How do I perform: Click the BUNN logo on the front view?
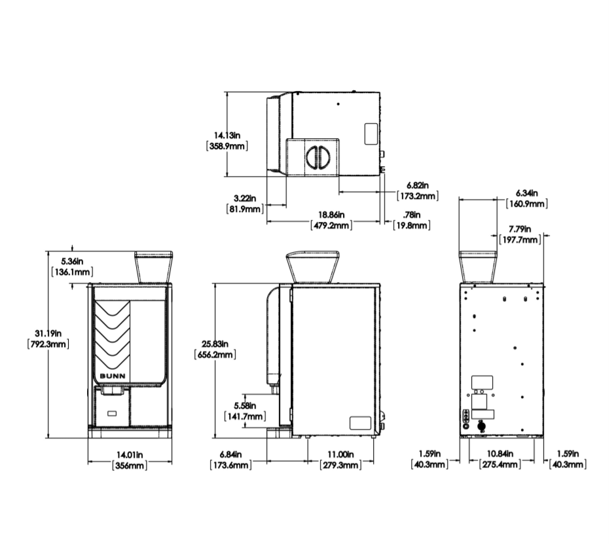pos(113,376)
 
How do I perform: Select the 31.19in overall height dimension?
pos(48,338)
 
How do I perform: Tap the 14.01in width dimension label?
pos(130,460)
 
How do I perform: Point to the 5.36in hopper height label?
pos(72,266)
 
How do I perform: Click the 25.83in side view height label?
pos(215,349)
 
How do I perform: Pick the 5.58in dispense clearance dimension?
pos(245,410)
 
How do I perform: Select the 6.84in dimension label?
pos(230,460)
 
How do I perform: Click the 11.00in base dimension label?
pos(340,460)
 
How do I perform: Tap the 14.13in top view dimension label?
pos(227,141)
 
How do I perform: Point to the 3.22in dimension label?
pos(245,204)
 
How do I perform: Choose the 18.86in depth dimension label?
pos(331,220)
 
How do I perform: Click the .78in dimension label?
pos(412,220)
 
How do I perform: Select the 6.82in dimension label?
pos(418,190)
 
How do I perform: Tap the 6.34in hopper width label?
pos(527,198)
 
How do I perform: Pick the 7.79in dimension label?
pos(520,234)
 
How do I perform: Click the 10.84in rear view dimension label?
pos(500,459)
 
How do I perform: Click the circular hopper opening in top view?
pos(318,156)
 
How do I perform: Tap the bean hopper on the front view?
pos(154,266)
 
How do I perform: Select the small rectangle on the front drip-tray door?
pos(112,413)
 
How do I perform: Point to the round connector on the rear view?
pos(480,426)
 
